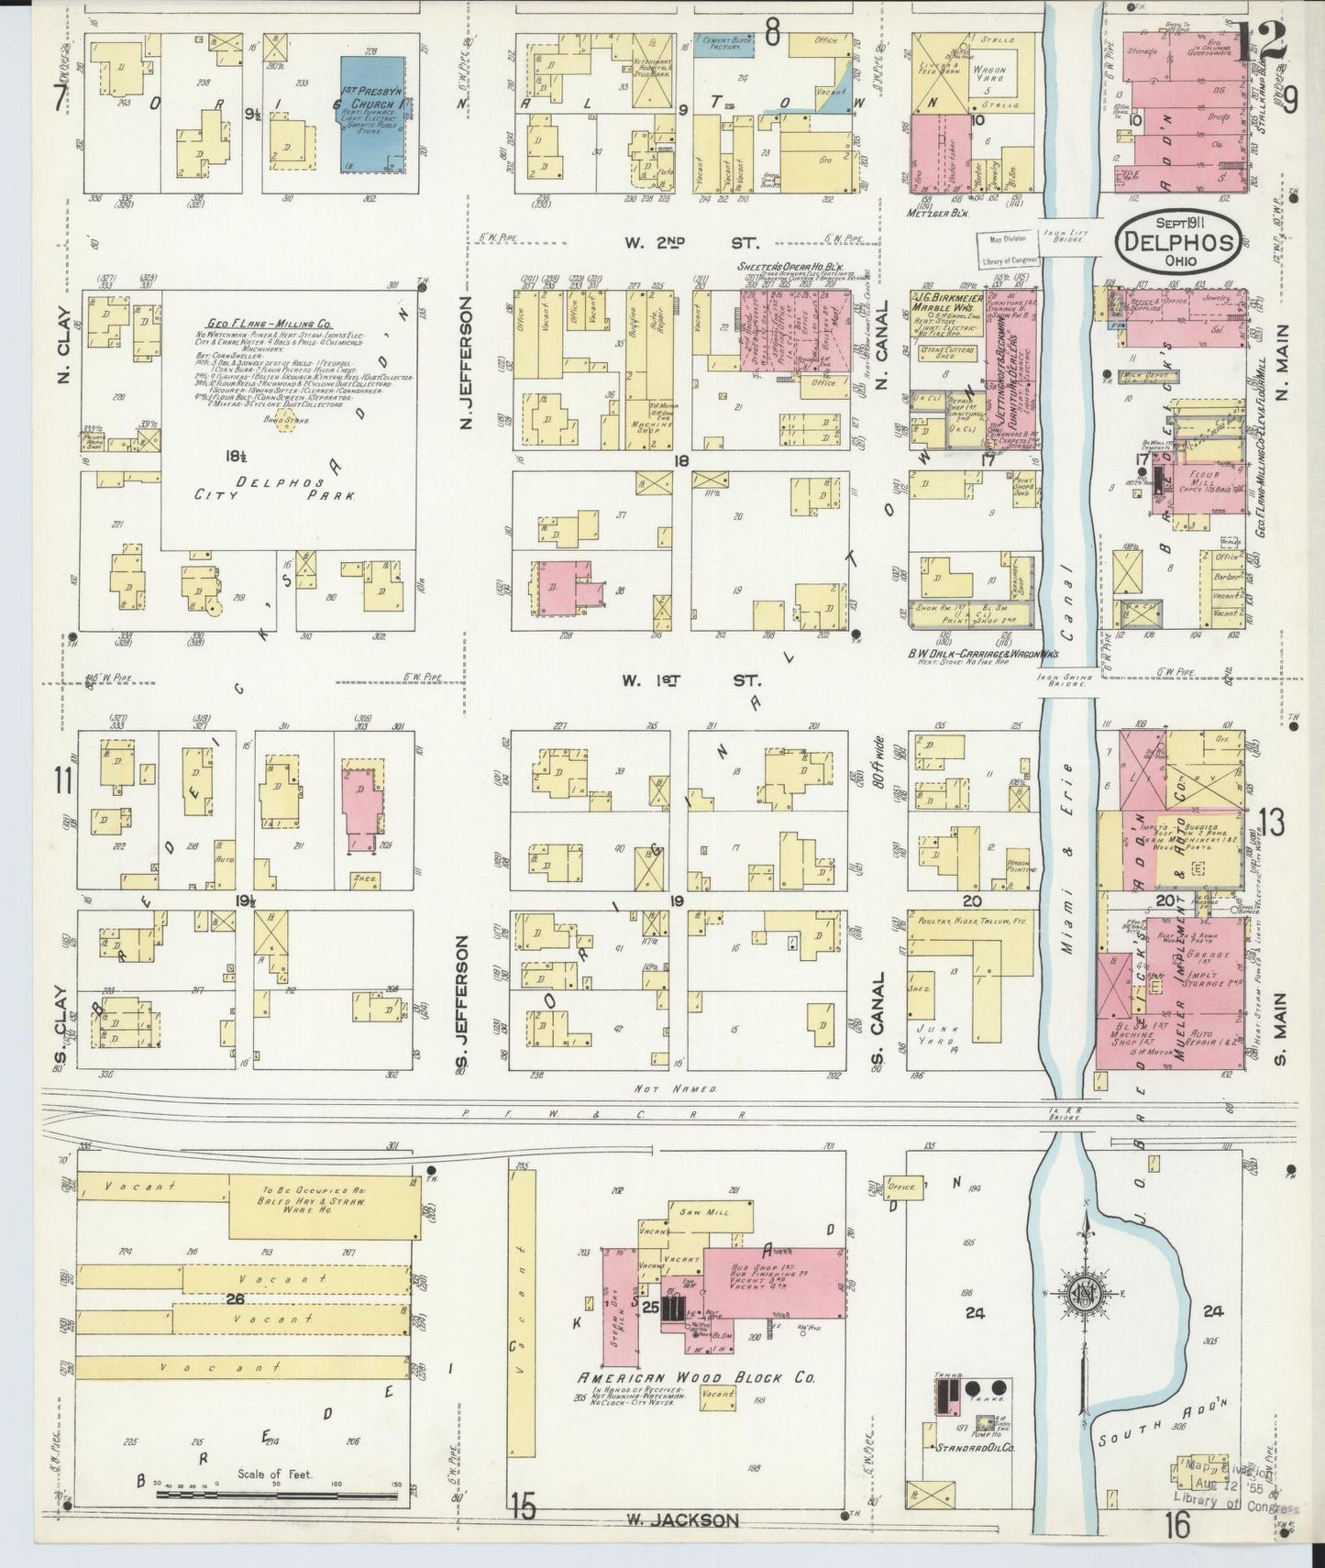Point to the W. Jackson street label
coord(682,1519)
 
